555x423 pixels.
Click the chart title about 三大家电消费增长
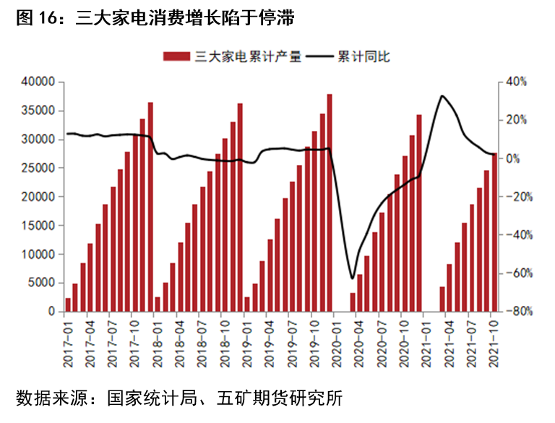(x=155, y=17)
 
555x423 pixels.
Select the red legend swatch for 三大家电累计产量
(x=176, y=56)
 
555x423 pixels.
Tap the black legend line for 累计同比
(x=319, y=56)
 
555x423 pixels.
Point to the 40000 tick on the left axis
(x=38, y=82)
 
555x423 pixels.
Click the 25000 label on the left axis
(x=38, y=168)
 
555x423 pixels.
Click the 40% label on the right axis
(x=517, y=82)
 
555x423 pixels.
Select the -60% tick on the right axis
(x=520, y=273)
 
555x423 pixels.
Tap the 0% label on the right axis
(x=513, y=158)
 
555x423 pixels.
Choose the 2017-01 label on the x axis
(x=68, y=343)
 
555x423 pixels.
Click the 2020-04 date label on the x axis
(x=359, y=343)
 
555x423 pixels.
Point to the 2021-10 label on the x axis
(x=494, y=343)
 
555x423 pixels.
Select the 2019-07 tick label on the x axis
(x=292, y=343)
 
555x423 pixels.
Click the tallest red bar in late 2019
(x=330, y=202)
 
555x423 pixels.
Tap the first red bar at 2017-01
(x=68, y=305)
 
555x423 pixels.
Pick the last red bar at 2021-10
(x=494, y=232)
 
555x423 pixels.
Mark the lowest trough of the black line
(x=352, y=278)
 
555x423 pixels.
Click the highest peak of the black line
(x=442, y=95)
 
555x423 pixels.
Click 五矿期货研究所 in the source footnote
(x=280, y=398)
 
